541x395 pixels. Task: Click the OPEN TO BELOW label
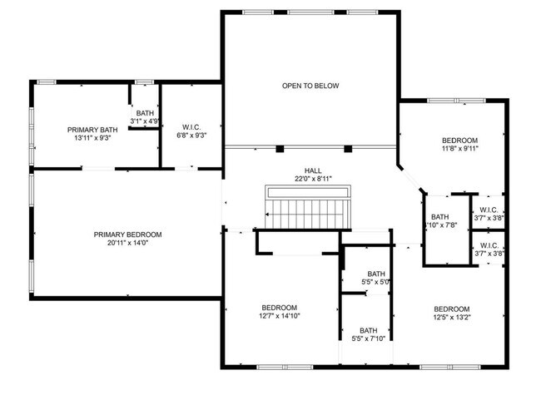[x=310, y=86]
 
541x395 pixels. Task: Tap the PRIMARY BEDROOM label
[x=127, y=235]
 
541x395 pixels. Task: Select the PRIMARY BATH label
[x=92, y=129]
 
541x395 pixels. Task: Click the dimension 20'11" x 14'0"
[x=127, y=244]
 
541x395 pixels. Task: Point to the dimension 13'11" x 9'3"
[x=92, y=138]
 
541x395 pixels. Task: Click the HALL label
[x=290, y=170]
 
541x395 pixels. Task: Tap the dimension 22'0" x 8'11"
[x=290, y=179]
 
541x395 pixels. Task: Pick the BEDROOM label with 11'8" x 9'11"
[x=459, y=140]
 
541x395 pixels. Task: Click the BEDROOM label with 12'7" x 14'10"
[x=279, y=308]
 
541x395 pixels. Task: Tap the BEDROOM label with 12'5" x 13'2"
[x=451, y=308]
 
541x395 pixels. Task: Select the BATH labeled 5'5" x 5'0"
[x=376, y=274]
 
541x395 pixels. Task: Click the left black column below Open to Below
[x=280, y=150]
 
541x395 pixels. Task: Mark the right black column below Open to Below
[x=348, y=150]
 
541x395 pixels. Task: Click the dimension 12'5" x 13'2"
[x=451, y=317]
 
